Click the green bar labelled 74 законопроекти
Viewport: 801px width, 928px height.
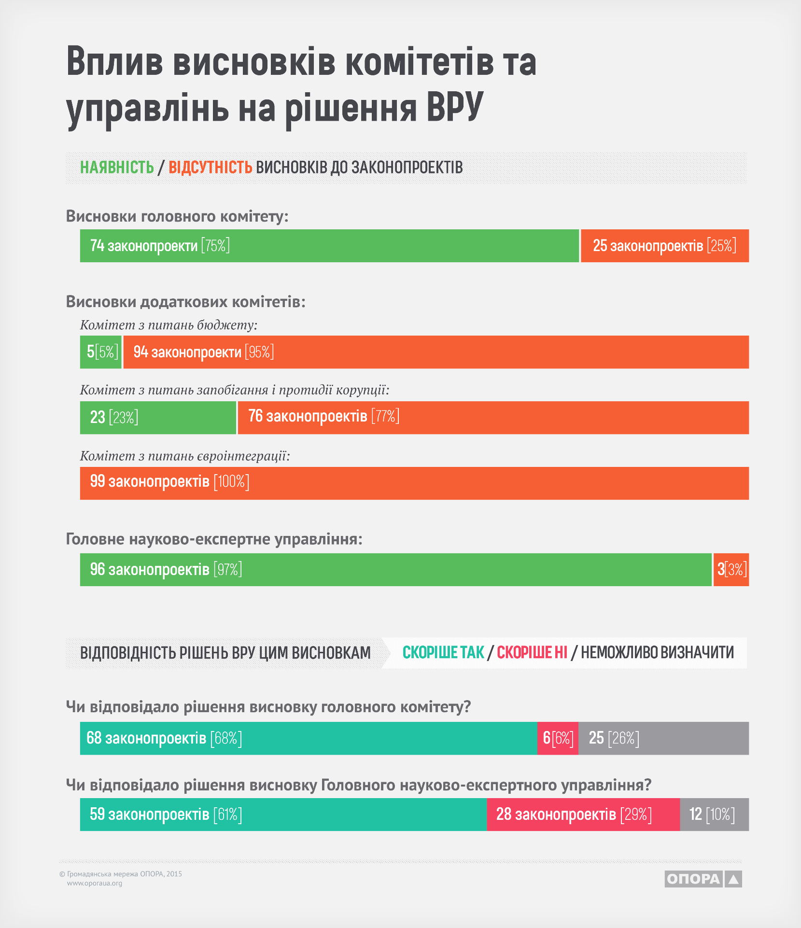tap(329, 246)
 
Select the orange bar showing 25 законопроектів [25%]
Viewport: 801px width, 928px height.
tap(664, 246)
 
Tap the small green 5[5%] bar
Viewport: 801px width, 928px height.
tap(101, 352)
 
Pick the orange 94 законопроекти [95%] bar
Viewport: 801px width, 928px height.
tap(436, 352)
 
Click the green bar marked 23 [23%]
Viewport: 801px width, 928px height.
tap(158, 418)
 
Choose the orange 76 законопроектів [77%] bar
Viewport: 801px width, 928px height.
tap(493, 418)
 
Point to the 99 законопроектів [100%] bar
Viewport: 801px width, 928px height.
tap(414, 483)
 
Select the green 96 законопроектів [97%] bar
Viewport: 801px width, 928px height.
tap(395, 570)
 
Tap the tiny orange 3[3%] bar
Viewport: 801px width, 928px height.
tap(731, 570)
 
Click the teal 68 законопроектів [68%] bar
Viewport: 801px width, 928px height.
tap(309, 738)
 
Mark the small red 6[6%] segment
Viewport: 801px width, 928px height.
tap(558, 738)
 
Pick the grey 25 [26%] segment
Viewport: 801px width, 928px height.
tap(663, 738)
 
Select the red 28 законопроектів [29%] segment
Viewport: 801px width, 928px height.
tap(583, 815)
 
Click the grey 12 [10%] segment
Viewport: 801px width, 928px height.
tap(714, 815)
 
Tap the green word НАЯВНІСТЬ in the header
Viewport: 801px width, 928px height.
tap(117, 168)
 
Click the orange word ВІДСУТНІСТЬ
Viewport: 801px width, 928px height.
tap(210, 168)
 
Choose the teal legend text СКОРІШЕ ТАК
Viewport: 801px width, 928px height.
tap(443, 653)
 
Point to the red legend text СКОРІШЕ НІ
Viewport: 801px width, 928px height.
tap(532, 653)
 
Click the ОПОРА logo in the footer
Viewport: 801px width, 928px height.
tap(703, 879)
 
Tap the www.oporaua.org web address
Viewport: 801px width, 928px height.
tap(95, 883)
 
